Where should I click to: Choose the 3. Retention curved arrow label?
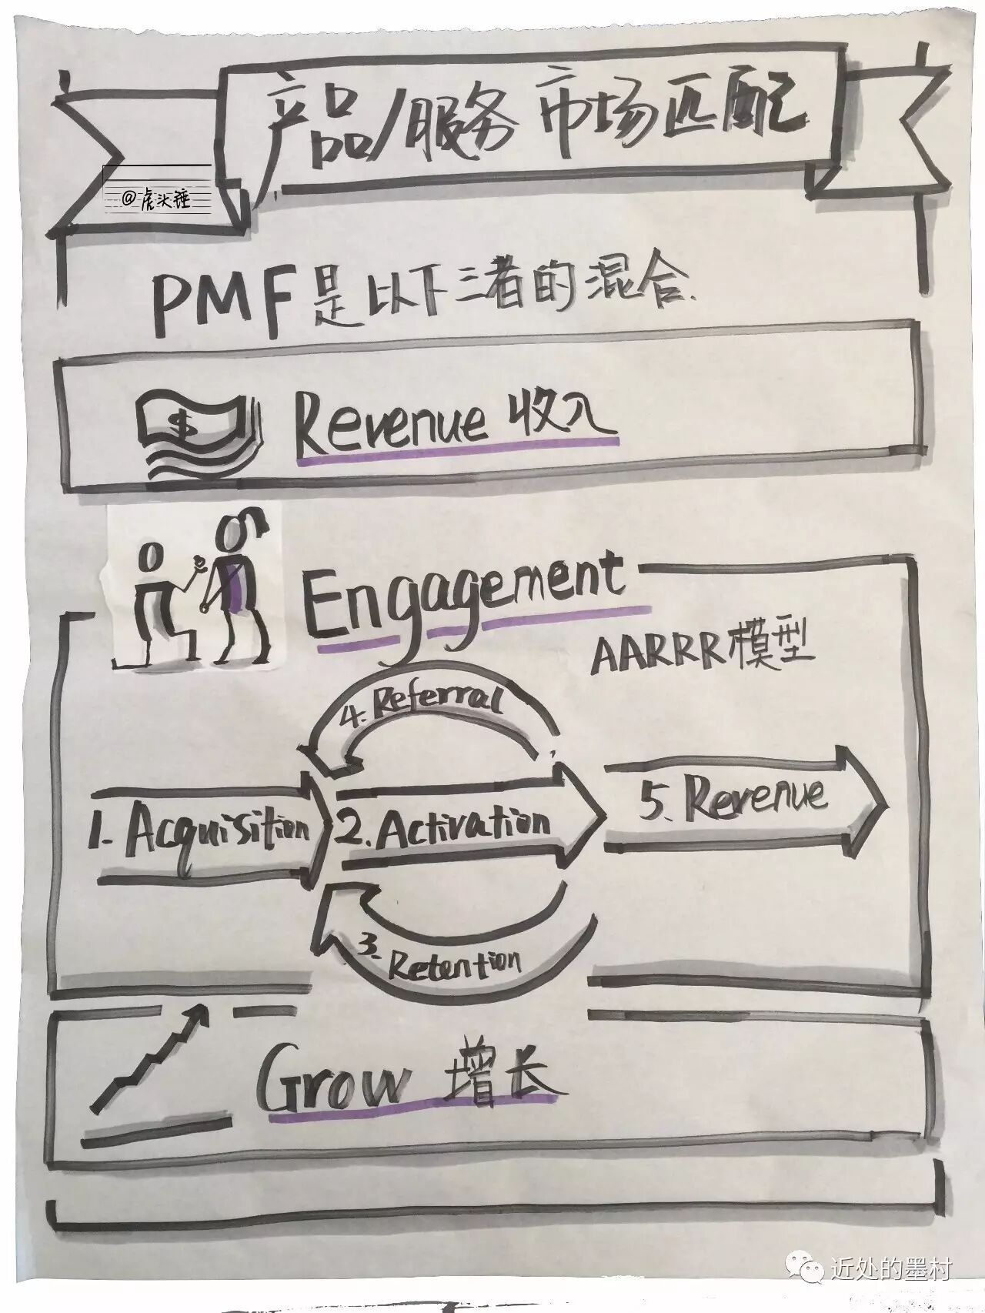[x=442, y=963]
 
